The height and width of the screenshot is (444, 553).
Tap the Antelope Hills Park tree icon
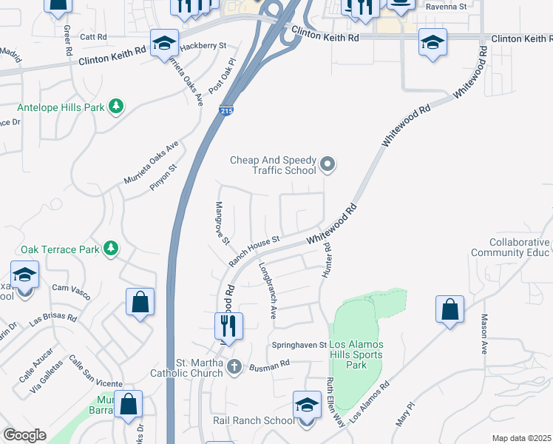[116, 107]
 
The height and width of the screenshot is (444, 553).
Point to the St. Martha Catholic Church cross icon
[234, 366]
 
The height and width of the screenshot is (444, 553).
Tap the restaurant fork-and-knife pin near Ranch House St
[228, 326]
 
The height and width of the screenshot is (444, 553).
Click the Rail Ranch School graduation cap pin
[307, 406]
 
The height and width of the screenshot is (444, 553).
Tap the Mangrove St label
[222, 223]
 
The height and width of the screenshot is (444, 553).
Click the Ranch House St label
[254, 251]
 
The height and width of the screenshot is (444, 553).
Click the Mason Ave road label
[484, 334]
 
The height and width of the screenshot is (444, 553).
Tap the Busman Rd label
[268, 366]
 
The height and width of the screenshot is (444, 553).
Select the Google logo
[24, 435]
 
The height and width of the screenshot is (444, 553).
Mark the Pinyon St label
[163, 178]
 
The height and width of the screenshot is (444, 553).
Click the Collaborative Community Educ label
[520, 248]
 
